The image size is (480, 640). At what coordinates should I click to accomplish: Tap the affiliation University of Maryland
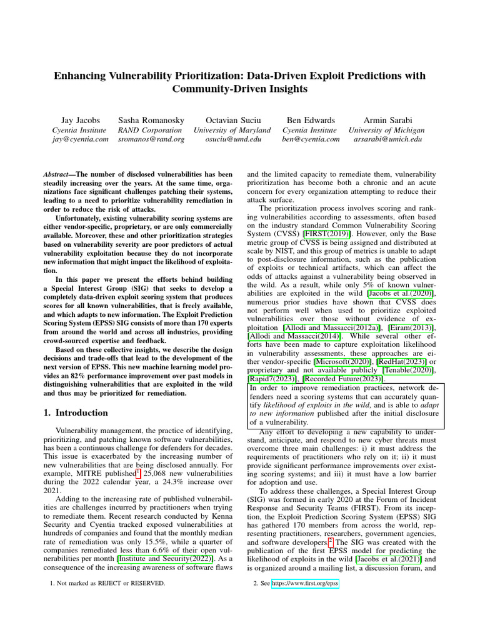pyautogui.click(x=232, y=129)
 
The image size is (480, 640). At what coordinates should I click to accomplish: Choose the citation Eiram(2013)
pyautogui.click(x=414, y=328)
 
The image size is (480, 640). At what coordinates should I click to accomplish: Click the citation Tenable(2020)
pyautogui.click(x=408, y=371)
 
